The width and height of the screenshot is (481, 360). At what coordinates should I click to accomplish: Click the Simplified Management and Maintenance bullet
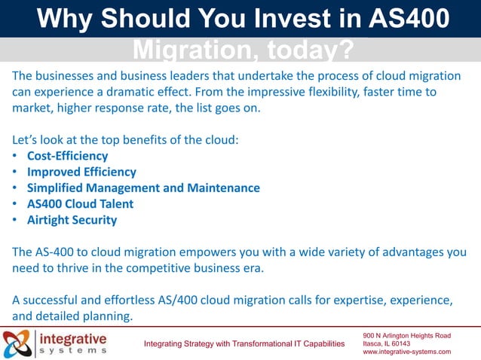click(143, 188)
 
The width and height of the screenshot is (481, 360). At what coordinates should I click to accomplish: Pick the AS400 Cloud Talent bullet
click(80, 204)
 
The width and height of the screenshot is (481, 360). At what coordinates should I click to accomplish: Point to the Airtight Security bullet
click(72, 220)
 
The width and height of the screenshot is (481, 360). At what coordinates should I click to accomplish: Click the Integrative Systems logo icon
click(17, 343)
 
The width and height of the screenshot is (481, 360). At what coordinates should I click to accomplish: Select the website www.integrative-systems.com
click(406, 352)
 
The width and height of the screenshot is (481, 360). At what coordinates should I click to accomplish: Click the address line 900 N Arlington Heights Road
click(406, 334)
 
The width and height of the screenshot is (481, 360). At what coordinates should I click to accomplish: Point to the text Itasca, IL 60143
click(386, 343)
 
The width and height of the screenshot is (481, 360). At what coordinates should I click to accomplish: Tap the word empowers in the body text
click(219, 252)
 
